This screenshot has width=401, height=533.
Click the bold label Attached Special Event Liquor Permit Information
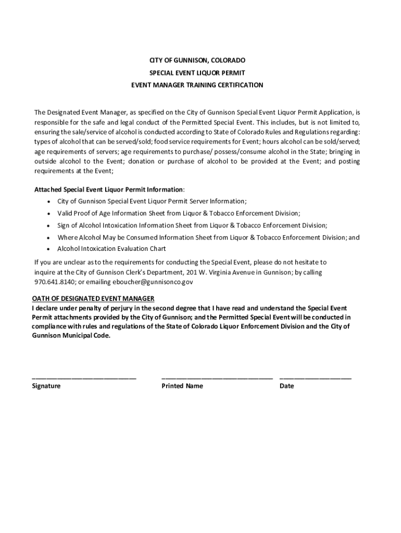(x=109, y=189)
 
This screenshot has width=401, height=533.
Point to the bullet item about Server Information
(x=152, y=201)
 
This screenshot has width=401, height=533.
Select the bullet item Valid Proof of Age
(x=179, y=213)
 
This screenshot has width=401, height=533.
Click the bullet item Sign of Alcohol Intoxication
(x=192, y=225)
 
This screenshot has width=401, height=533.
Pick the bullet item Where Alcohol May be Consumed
(x=208, y=237)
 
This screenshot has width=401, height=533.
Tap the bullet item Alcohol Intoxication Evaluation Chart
(x=111, y=249)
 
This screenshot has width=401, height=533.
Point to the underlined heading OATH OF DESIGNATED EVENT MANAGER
(x=93, y=299)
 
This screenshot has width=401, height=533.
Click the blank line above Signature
(x=84, y=378)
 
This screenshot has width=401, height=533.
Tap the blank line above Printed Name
(x=217, y=378)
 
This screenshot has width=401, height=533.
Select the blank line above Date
(x=315, y=378)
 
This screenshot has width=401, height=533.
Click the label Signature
(x=46, y=386)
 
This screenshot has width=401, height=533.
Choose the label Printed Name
(x=182, y=386)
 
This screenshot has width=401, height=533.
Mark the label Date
(x=286, y=386)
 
